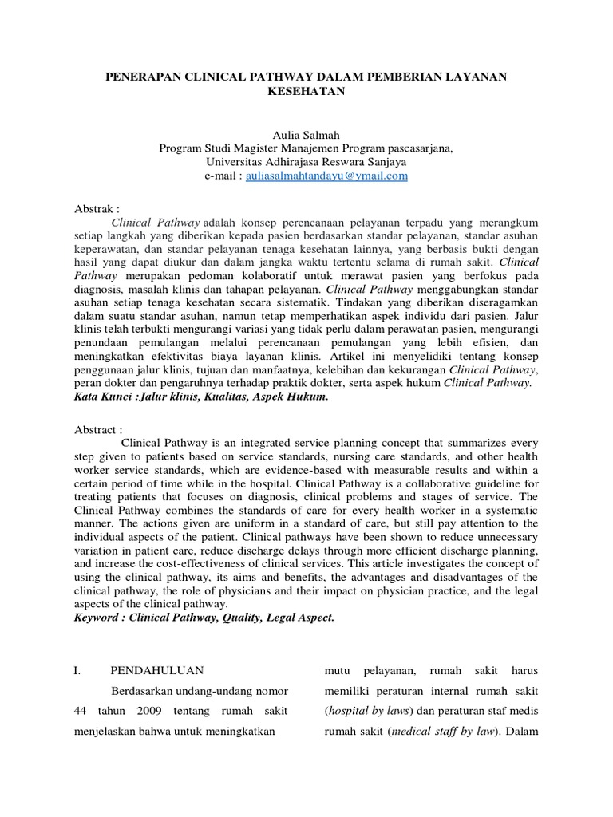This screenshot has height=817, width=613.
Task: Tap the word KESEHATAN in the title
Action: pyautogui.click(x=306, y=92)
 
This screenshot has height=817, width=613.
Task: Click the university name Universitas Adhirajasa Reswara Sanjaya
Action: pyautogui.click(x=306, y=161)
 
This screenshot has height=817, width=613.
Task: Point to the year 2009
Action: pyautogui.click(x=155, y=712)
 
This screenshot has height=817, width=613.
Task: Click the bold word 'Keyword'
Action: pyautogui.click(x=98, y=618)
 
